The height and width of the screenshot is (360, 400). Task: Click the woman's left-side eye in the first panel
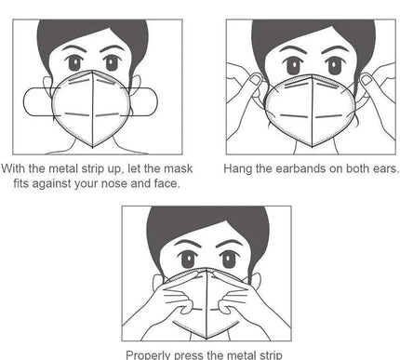click(x=74, y=63)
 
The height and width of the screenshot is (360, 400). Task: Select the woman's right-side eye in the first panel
click(x=112, y=63)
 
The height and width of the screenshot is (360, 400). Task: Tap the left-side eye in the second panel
click(x=293, y=66)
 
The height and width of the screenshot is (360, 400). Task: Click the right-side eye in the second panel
click(x=334, y=66)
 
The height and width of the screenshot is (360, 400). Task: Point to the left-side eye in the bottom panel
click(x=188, y=260)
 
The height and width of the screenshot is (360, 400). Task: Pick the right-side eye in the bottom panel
click(x=229, y=260)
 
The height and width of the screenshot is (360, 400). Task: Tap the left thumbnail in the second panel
click(x=255, y=80)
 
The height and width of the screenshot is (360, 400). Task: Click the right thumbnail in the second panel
click(x=366, y=80)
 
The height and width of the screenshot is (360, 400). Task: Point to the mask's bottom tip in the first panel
click(x=93, y=148)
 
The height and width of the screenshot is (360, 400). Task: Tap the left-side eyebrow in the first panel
click(x=73, y=49)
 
